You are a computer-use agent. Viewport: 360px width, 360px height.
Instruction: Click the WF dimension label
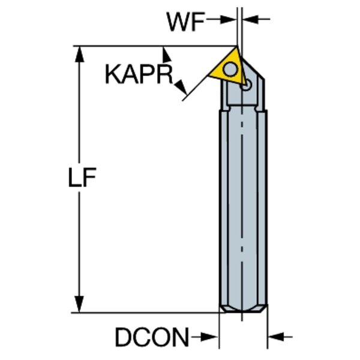point(186,22)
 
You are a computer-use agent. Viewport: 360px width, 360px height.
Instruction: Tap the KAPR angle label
point(139,74)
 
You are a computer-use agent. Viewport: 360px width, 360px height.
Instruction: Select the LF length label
point(82,177)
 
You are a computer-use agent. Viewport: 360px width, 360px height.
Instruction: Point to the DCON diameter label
point(152,337)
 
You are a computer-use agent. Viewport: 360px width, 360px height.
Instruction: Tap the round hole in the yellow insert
point(230,69)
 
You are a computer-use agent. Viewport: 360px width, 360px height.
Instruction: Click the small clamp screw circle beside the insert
point(246,85)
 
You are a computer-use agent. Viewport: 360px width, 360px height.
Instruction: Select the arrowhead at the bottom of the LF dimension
point(79,304)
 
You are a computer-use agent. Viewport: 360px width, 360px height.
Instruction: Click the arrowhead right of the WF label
point(228,19)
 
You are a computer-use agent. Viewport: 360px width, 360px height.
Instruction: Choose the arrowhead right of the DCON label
point(209,337)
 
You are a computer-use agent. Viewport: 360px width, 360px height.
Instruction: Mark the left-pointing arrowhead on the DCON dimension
point(276,337)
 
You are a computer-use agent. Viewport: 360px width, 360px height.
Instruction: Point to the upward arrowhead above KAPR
point(167,54)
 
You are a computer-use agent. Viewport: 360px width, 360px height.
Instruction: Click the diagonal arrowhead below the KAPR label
point(181,88)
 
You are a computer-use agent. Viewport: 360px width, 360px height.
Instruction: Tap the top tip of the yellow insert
point(236,47)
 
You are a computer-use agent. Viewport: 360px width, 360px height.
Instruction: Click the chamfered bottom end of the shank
point(243,308)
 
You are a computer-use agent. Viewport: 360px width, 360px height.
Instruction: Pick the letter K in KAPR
point(113,74)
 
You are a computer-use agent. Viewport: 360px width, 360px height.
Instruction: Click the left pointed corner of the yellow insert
point(208,75)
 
